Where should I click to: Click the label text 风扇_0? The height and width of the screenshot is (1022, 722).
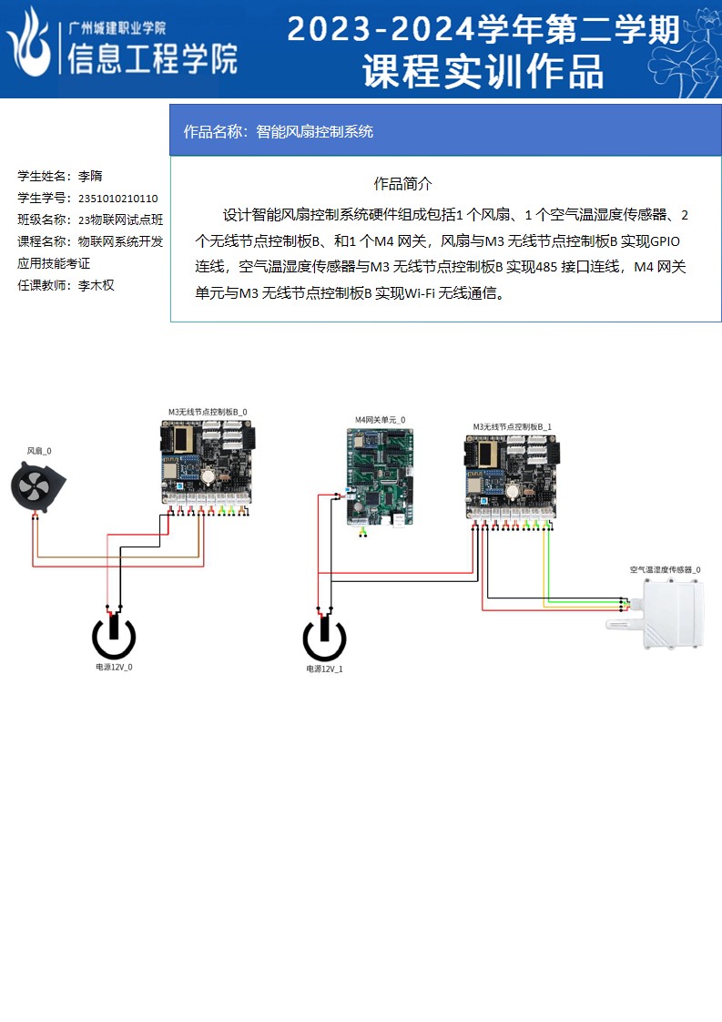click(x=39, y=451)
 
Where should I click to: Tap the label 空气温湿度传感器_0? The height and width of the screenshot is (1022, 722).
click(x=665, y=569)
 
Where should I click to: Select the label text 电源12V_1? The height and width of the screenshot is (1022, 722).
click(x=324, y=669)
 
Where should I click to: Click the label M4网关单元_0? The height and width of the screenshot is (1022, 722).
click(x=380, y=420)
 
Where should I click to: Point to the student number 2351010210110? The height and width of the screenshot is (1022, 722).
click(x=118, y=198)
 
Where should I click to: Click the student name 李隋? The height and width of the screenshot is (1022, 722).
click(x=90, y=176)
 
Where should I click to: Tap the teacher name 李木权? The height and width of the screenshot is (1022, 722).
click(x=96, y=285)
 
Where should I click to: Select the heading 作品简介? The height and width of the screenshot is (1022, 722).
click(x=402, y=183)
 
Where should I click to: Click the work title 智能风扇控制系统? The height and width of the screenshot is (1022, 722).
click(x=315, y=131)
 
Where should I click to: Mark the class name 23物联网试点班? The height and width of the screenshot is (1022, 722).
click(x=121, y=220)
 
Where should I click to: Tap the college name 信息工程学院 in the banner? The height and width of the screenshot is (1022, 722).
click(x=152, y=59)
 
